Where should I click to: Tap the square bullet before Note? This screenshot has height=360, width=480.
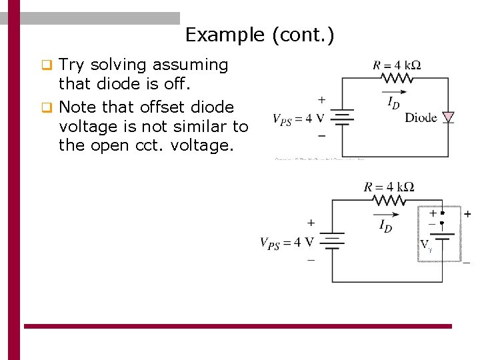coord(46,107)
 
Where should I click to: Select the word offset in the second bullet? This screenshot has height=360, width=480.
coord(159,107)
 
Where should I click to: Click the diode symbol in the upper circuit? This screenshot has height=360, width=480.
coord(448,117)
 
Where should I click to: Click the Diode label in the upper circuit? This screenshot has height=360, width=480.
coord(421,118)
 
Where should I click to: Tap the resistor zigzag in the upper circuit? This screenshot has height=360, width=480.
coord(397,78)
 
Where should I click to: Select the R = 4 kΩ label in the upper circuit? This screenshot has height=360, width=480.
coord(397,65)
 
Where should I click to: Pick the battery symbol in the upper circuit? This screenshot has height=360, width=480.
coord(342,119)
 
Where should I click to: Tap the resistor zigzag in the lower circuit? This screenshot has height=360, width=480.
coord(389,199)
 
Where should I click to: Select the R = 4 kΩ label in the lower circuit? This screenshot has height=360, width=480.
coord(389,187)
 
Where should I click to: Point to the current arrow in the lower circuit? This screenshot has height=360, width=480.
coord(387,215)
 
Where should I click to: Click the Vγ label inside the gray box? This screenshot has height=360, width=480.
coord(426,245)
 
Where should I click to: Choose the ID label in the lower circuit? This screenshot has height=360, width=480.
coord(385,227)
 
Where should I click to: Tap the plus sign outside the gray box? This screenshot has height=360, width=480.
coord(467,214)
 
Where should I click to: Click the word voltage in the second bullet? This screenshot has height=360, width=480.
coord(87,126)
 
